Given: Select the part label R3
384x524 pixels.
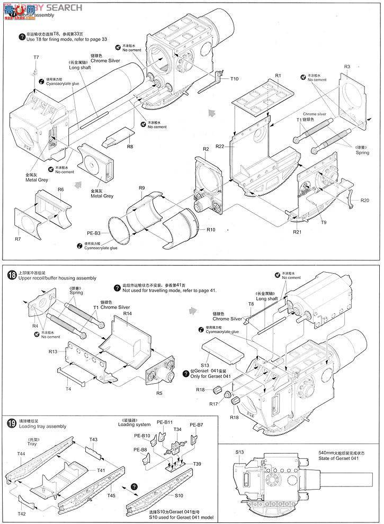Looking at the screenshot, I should click(347, 67).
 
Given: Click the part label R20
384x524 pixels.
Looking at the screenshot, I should click(365, 201).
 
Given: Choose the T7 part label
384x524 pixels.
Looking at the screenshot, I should click(36, 57).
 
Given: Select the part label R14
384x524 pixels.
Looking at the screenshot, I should click(127, 314).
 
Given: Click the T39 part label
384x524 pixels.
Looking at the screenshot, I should click(197, 463).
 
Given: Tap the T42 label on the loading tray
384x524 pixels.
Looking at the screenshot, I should click(21, 513).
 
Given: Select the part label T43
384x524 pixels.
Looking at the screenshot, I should click(93, 439).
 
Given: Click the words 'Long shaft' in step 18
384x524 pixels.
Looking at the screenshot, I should click(267, 299).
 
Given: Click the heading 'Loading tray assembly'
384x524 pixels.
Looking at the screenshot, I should click(42, 426).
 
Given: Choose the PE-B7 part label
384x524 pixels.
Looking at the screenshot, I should click(197, 425).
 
